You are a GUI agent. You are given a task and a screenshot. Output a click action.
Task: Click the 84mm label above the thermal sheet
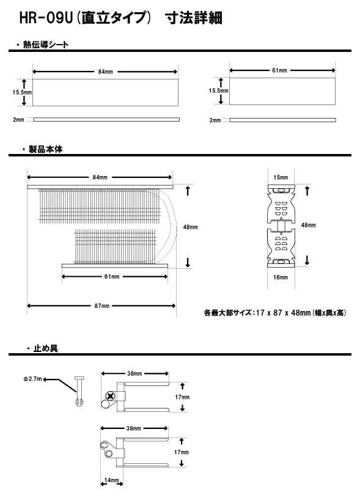pos(106,71)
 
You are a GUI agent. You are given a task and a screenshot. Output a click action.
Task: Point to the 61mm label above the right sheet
pos(279,70)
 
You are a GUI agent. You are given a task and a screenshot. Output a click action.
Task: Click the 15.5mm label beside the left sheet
pos(22,92)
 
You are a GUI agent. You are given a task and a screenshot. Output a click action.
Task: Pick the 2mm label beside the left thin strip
pos(18,120)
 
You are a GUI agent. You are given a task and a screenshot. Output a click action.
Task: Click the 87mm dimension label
pos(101,306)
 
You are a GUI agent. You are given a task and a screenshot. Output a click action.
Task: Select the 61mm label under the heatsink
pos(112,277)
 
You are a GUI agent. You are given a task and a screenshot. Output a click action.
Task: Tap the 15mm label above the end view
pos(281,177)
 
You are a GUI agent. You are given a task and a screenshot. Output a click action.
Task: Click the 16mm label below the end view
pos(281,277)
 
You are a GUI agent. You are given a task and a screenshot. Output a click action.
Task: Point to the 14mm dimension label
pos(111,480)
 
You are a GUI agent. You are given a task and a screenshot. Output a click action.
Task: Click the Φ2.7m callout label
pos(32,379)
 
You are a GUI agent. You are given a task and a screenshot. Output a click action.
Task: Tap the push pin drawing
pos(79,392)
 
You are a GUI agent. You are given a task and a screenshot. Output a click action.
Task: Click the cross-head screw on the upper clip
pos(111,396)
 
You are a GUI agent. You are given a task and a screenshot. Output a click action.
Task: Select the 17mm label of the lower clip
pos(181,452)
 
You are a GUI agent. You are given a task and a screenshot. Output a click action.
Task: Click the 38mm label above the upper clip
pos(134,373)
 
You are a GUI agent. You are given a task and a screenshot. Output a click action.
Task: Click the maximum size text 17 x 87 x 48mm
pos(283,313)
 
